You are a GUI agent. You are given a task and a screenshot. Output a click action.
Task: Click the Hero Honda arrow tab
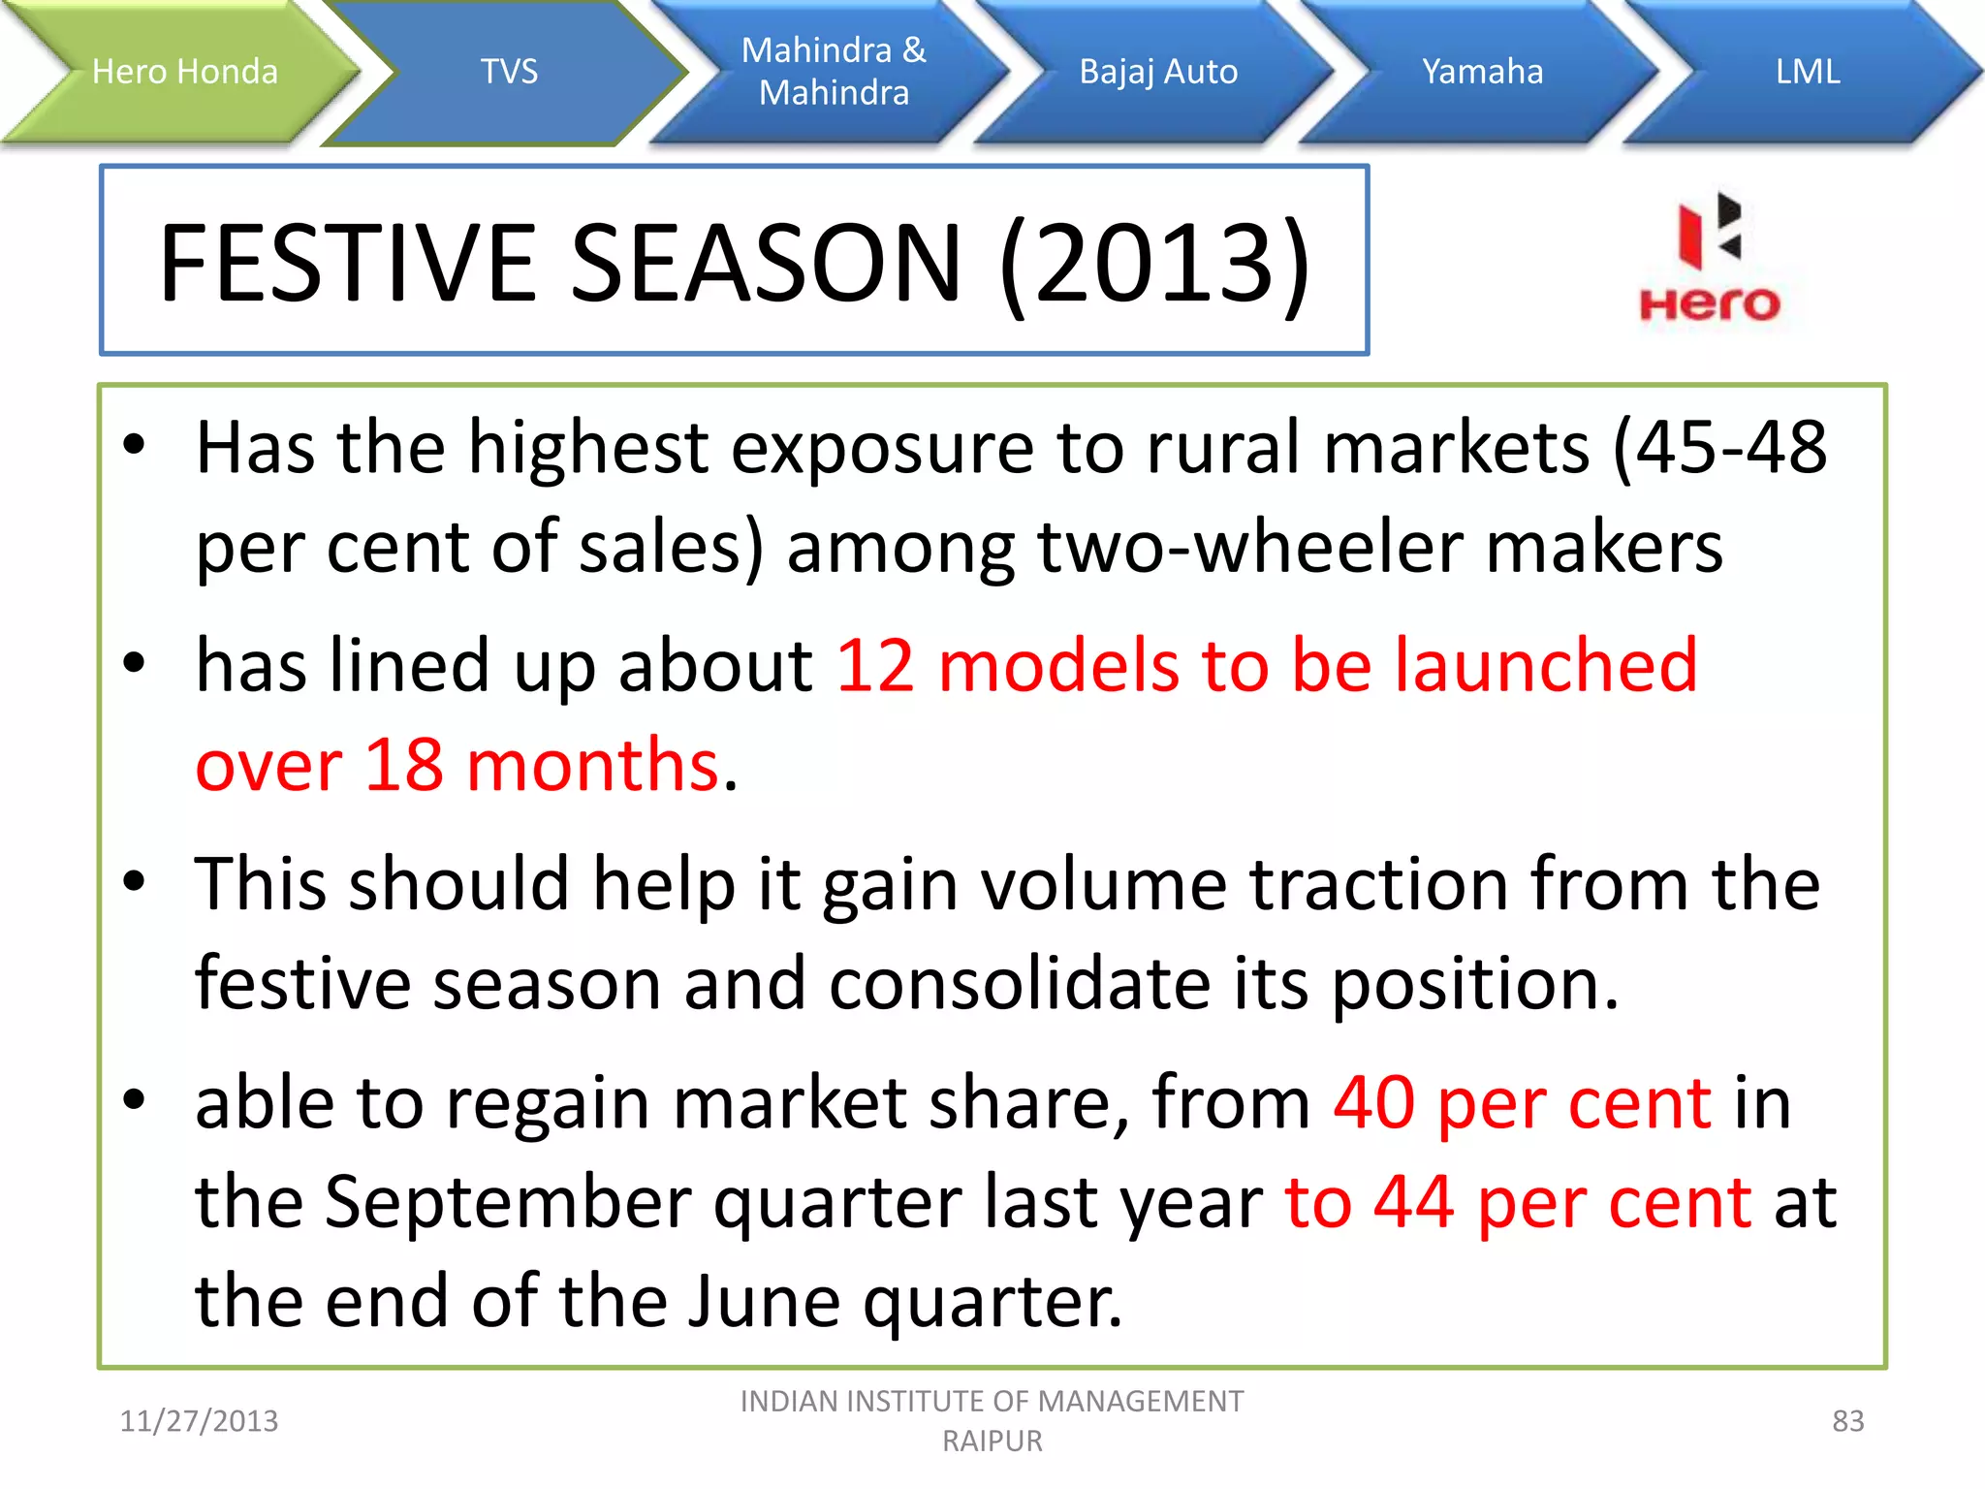(184, 72)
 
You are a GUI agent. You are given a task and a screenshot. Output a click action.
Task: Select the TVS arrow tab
(509, 72)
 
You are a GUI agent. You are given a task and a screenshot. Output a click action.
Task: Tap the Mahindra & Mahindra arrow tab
(834, 72)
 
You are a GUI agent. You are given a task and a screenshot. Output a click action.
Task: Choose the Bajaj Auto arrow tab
(1158, 72)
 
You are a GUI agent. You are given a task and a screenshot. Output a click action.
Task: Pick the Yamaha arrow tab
(1482, 72)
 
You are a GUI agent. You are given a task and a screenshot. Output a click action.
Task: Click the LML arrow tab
(1807, 72)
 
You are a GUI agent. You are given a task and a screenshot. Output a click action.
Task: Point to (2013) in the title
(1154, 263)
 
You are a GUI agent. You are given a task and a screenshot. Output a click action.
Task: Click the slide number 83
(1847, 1421)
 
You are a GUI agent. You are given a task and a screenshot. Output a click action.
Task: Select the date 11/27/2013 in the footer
(199, 1421)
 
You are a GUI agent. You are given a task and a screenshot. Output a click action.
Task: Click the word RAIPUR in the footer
(992, 1441)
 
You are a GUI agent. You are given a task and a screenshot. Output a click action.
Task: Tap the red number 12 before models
(875, 666)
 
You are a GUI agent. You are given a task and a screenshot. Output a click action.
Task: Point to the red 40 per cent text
(1522, 1104)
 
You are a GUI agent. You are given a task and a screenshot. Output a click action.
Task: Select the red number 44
(1414, 1202)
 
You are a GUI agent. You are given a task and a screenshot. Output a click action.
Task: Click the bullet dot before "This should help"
(134, 881)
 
